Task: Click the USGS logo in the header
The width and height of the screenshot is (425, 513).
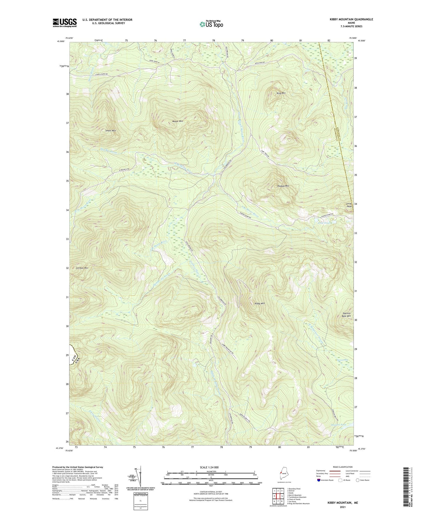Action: [x=65, y=23]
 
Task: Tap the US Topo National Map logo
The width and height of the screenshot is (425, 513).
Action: [x=211, y=24]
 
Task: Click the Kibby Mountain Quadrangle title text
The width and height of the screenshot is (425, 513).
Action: [x=351, y=19]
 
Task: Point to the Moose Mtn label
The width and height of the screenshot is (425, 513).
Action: [x=178, y=121]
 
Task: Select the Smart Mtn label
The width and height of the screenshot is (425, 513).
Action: [x=111, y=130]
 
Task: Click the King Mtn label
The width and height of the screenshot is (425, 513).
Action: [x=281, y=93]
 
